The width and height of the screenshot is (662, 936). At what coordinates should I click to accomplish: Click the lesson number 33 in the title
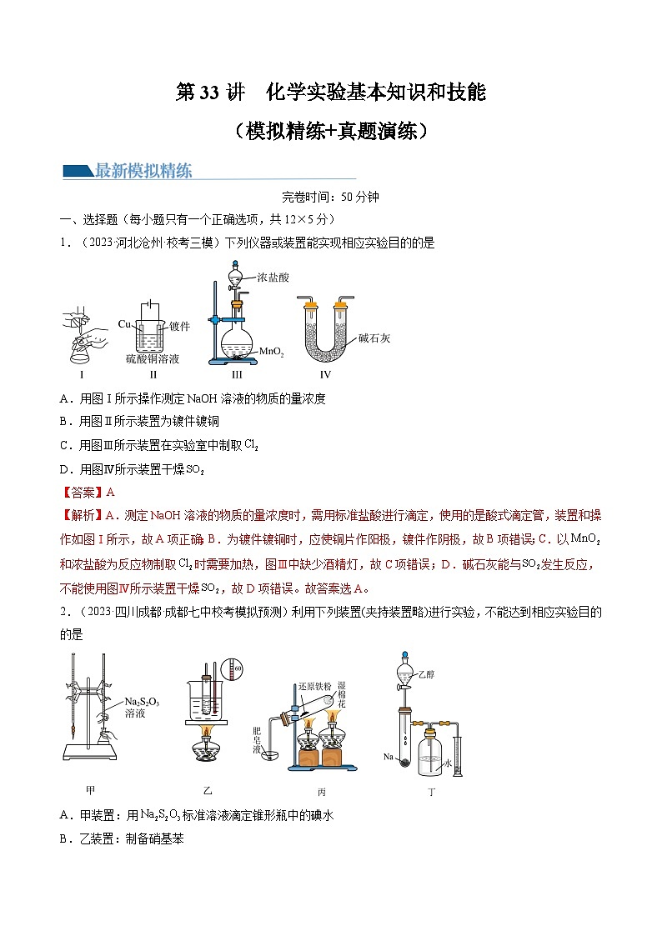209,93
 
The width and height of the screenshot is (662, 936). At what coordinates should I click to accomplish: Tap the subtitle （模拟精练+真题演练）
331,131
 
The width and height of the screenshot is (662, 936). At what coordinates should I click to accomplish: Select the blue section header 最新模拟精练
143,172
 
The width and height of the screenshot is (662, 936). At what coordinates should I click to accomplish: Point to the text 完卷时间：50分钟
330,198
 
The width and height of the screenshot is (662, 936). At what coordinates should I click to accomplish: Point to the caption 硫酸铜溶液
153,359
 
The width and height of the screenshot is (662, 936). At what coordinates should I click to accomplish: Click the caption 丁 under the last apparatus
431,793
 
